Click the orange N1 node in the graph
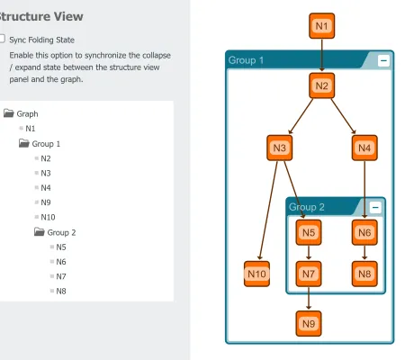click(x=322, y=26)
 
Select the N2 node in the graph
click(x=322, y=86)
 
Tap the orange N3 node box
click(x=281, y=148)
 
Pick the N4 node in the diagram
click(x=364, y=148)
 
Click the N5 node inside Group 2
click(x=309, y=232)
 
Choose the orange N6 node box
click(x=364, y=232)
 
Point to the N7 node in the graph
click(x=309, y=273)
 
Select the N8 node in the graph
click(x=364, y=273)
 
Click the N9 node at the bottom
click(x=309, y=322)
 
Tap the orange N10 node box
click(x=257, y=274)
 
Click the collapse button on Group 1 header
click(x=384, y=60)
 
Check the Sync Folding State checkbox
click(x=3, y=40)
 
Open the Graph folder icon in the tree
click(x=8, y=114)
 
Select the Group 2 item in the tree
click(x=61, y=232)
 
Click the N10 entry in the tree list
click(x=48, y=217)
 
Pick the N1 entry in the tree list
click(x=31, y=129)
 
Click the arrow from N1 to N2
click(x=322, y=56)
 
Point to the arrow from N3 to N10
click(x=268, y=211)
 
